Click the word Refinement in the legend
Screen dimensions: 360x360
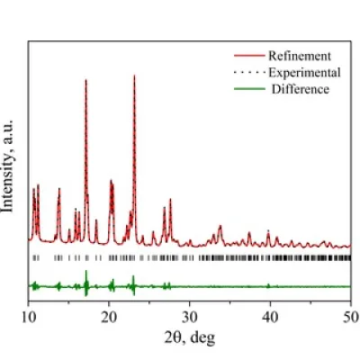300,56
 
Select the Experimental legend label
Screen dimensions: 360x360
304,73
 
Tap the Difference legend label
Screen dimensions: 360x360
301,89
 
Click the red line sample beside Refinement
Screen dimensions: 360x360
249,56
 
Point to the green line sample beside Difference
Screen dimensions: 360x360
249,89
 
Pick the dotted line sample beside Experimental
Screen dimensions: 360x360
249,72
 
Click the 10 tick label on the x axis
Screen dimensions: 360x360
29,317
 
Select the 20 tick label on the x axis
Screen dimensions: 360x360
109,317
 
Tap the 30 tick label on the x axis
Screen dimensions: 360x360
190,317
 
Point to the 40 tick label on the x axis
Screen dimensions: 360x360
270,317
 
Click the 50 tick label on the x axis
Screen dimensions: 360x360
351,317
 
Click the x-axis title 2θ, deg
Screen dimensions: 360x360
190,337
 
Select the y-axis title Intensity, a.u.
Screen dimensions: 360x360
8,166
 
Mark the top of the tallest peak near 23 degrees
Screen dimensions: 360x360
134,76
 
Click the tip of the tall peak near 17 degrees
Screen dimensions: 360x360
85,80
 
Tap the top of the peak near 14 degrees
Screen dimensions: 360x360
59,188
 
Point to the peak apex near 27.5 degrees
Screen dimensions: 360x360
170,199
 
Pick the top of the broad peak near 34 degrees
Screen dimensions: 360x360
220,226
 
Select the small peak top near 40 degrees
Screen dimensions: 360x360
268,230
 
